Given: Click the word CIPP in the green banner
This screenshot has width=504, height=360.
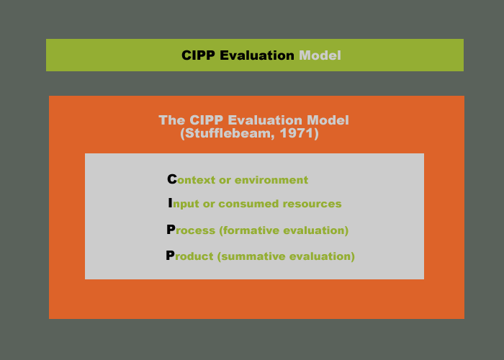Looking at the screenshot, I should coord(199,55).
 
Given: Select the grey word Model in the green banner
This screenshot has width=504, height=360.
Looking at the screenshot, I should coord(320,55).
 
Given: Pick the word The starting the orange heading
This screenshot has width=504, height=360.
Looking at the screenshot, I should coord(171,120).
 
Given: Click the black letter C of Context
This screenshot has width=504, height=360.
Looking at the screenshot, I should coord(171,179).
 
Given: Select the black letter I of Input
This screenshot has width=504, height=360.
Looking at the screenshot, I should coord(170,204).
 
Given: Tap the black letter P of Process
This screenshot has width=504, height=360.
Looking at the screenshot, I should coord(171,230).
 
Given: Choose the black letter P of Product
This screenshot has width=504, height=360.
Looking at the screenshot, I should coord(170,256).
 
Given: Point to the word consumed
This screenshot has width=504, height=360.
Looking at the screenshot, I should coord(246,204).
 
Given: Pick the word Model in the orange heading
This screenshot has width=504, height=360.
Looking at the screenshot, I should coord(328,120).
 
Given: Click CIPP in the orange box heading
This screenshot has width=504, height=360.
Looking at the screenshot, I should coord(205,120).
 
